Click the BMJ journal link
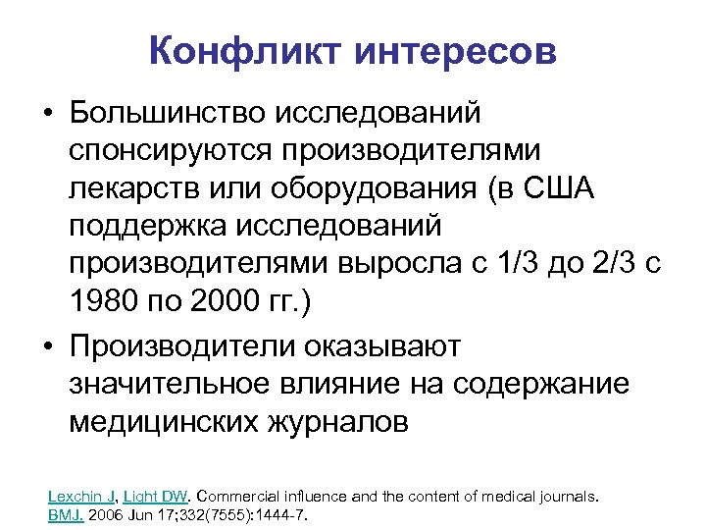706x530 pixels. pyautogui.click(x=65, y=514)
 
